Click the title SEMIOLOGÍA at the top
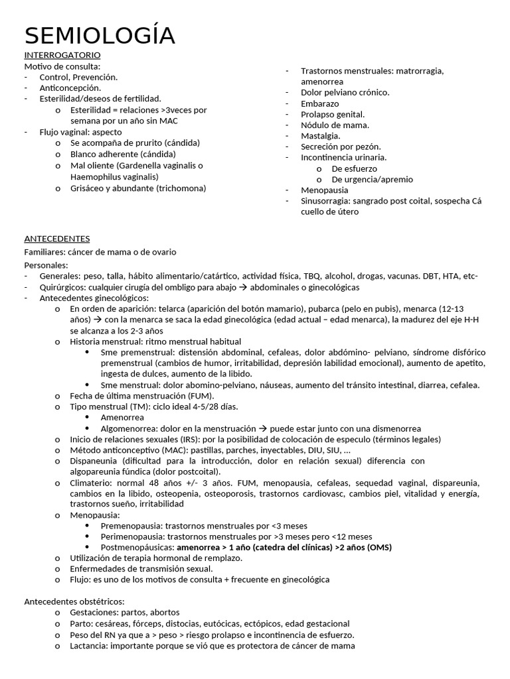[100, 35]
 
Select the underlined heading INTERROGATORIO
[62, 54]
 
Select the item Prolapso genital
[332, 114]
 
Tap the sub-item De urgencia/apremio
[372, 179]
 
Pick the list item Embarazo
[319, 103]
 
